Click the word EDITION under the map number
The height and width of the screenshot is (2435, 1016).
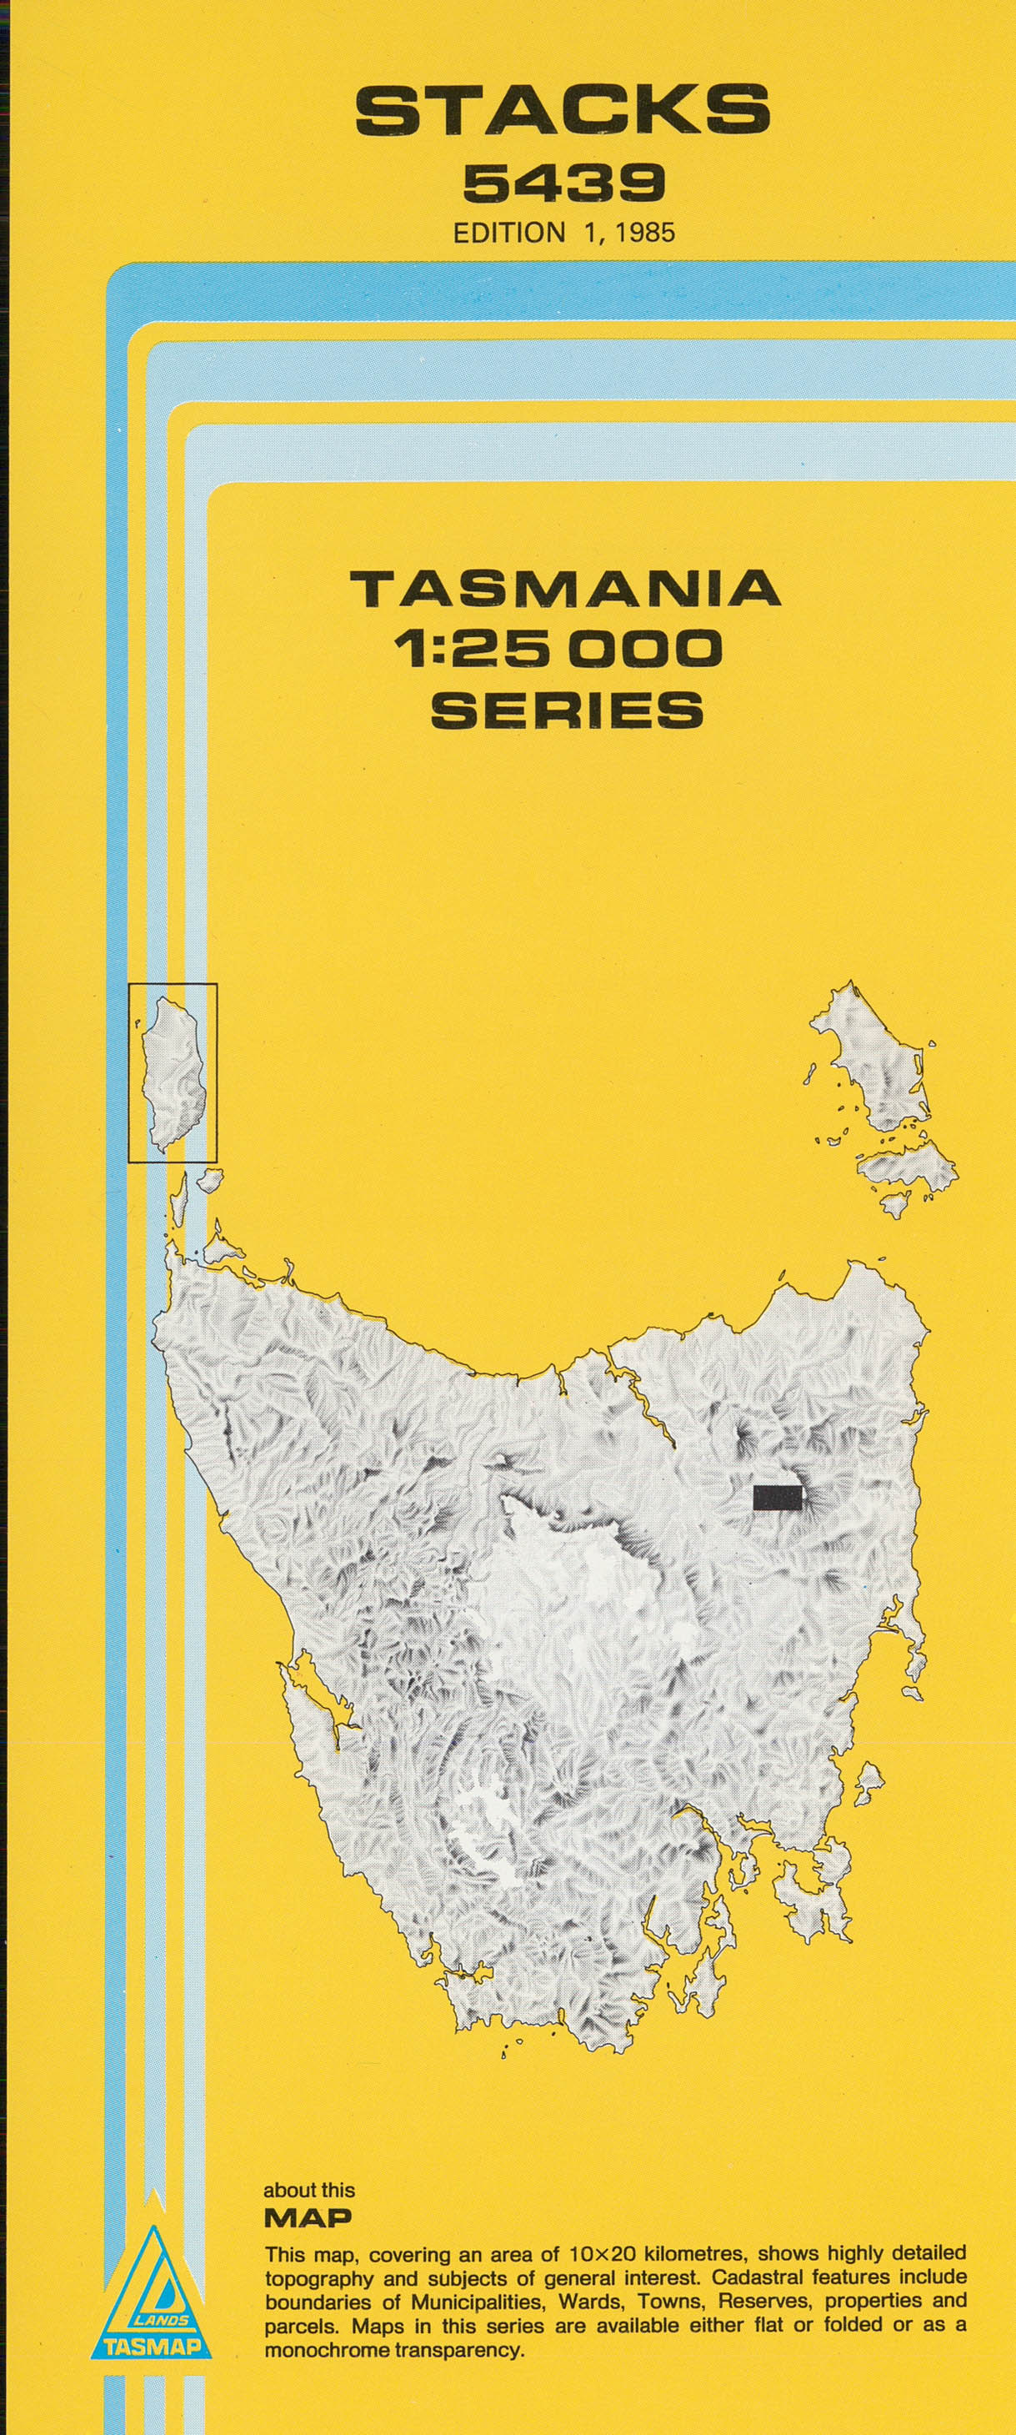pyautogui.click(x=508, y=233)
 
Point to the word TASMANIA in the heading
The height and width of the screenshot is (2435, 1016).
pyautogui.click(x=565, y=589)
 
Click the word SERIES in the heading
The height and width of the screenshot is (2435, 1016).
pyautogui.click(x=567, y=710)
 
